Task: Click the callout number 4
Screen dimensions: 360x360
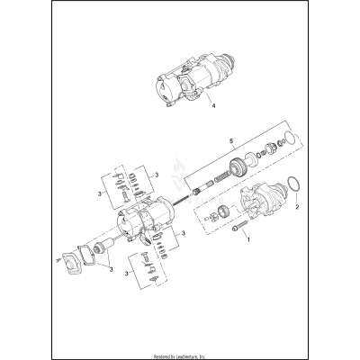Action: click(x=212, y=106)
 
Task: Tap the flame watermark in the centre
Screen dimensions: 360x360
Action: click(x=184, y=166)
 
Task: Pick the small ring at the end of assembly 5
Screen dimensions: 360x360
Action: click(x=286, y=139)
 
